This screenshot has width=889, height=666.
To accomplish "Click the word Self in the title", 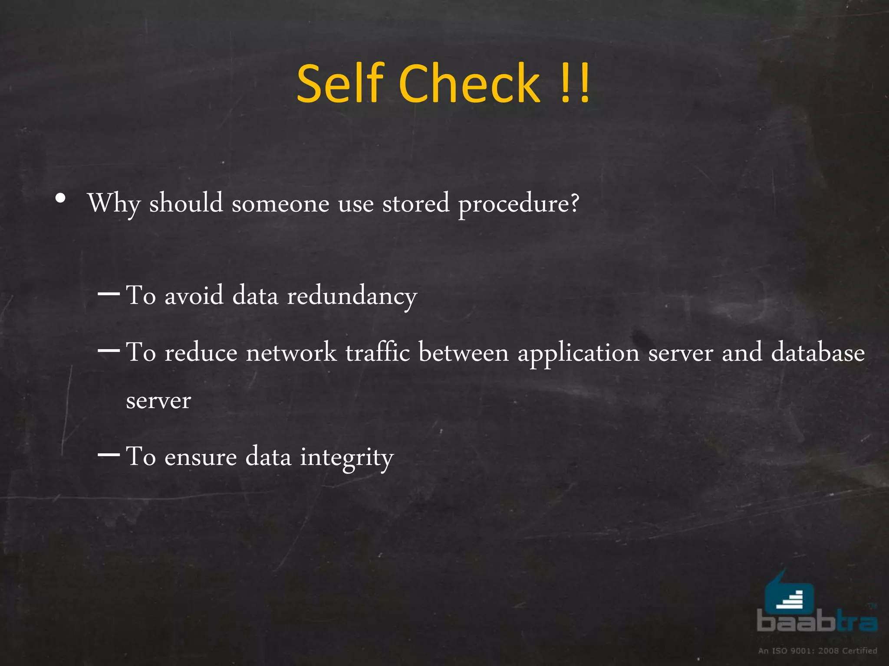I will click(341, 83).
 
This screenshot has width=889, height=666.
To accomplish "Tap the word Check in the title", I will click(470, 83).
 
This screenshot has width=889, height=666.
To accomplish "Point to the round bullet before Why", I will click(61, 199).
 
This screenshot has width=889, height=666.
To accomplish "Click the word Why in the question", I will click(114, 203).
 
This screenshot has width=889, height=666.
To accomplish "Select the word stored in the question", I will click(415, 203).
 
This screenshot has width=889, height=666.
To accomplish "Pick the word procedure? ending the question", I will click(519, 204).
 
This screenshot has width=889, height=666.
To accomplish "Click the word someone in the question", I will click(280, 203).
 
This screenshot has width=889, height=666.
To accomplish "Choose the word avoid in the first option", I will click(194, 296).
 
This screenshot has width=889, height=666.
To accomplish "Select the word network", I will click(291, 352).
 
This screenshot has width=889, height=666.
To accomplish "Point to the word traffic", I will click(378, 352).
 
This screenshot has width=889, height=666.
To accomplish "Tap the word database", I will click(818, 352).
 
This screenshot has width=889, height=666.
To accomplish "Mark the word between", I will click(464, 352).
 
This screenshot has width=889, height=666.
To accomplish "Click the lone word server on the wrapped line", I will click(158, 401).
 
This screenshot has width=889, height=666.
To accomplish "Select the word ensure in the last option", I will click(201, 457).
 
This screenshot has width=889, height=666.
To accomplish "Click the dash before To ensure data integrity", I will click(109, 455).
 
